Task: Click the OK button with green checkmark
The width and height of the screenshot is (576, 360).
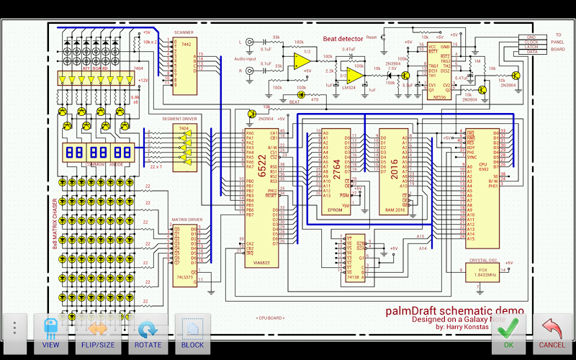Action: point(508,333)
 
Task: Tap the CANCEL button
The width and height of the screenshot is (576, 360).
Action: point(552,333)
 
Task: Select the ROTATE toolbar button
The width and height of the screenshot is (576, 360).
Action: point(148,333)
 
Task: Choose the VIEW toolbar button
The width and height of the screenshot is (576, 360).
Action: point(50,333)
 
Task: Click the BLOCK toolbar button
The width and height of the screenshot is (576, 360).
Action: point(192,333)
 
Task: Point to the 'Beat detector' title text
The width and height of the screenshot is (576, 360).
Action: point(344,39)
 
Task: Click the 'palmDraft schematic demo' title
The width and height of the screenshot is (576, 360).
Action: point(454,310)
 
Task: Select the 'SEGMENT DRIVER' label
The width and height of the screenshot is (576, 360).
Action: point(179,119)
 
